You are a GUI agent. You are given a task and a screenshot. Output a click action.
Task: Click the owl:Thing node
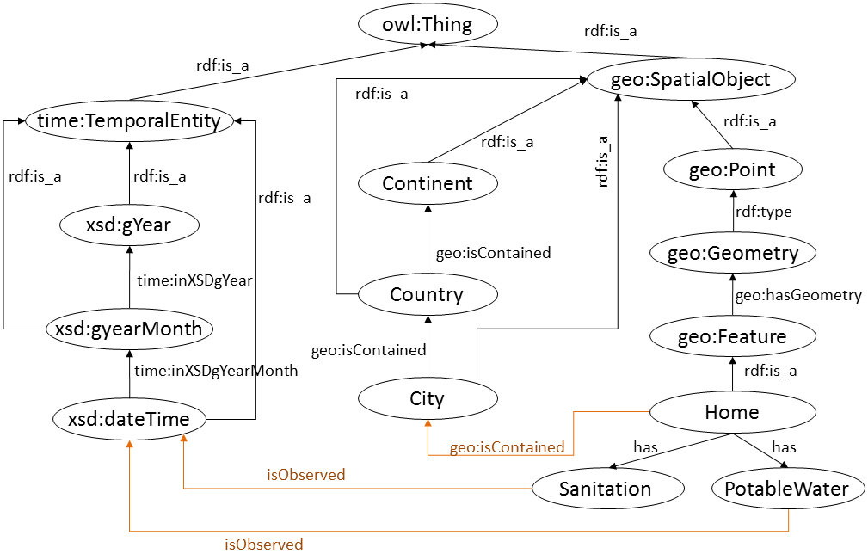point(428,24)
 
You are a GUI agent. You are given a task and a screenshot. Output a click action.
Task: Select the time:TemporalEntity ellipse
point(129,121)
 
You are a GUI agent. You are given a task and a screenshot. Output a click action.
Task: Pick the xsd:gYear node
point(129,225)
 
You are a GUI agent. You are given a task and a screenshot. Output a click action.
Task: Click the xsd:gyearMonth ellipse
point(129,329)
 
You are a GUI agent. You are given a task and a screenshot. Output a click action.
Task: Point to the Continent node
point(428,183)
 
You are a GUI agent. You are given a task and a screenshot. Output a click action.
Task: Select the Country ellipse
point(428,295)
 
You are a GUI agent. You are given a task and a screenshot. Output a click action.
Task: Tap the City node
point(428,399)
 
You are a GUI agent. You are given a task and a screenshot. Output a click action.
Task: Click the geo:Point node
point(732,170)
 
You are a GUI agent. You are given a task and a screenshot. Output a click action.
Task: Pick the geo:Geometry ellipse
point(732,254)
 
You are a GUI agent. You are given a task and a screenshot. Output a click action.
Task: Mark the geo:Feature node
point(732,336)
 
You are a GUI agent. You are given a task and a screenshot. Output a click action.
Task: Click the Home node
point(732,412)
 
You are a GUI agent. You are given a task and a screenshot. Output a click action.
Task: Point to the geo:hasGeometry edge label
point(798,295)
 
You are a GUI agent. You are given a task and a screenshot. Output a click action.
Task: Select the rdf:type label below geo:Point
point(763,212)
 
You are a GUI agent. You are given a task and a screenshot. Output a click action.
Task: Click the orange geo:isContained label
point(508,446)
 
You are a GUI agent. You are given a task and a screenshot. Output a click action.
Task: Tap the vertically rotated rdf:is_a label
point(602,161)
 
